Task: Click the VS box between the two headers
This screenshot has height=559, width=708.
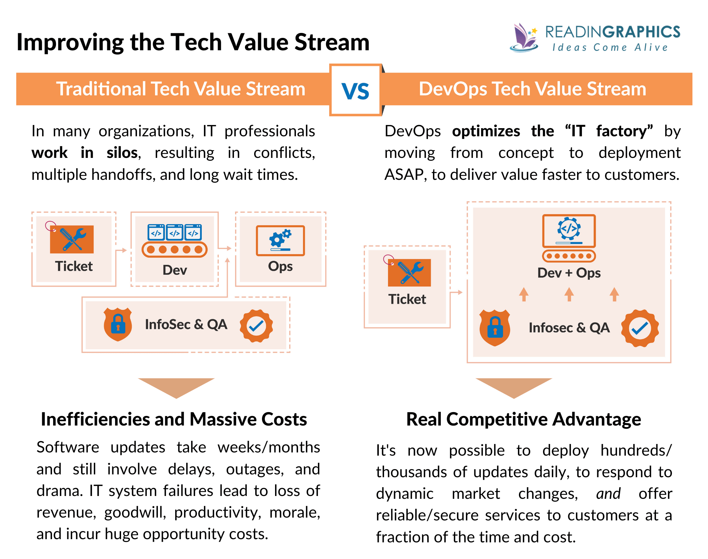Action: coord(355,90)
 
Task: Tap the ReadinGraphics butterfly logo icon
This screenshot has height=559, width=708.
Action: coord(524,38)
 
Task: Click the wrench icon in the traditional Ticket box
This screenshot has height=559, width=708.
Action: coord(72,239)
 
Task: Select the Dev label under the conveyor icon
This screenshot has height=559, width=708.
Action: coord(175,270)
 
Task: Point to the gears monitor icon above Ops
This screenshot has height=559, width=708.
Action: coord(280,240)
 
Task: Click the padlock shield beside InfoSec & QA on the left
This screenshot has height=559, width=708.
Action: coord(118,324)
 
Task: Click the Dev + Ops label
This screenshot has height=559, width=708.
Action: coord(569,273)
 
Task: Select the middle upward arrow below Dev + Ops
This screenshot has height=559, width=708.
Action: coord(569,294)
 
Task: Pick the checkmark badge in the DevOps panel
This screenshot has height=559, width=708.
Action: coord(640,328)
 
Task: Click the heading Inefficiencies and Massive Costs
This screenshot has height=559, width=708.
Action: coord(174,419)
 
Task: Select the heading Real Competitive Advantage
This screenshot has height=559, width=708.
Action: coord(523,419)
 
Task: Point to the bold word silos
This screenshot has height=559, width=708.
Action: coord(122,153)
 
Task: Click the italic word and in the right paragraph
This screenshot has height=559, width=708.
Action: coord(608,494)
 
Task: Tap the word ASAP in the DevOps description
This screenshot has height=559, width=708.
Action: coord(404,175)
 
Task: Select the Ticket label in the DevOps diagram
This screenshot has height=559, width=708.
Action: coord(407,300)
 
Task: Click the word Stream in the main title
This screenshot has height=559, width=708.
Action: coord(332,42)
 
